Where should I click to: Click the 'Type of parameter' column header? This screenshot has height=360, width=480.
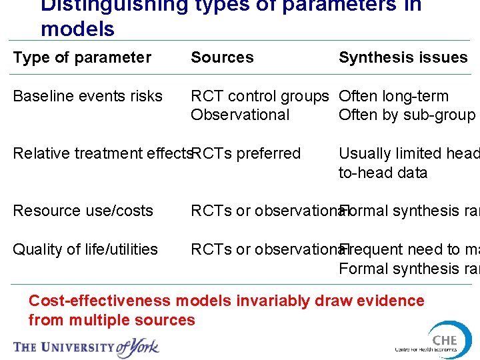coord(82,58)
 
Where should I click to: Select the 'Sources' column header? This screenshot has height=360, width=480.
coord(222,58)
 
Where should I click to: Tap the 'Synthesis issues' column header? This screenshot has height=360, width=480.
coord(403,58)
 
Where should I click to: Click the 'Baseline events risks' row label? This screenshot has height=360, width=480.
coord(87,97)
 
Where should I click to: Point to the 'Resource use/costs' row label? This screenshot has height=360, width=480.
coord(83,211)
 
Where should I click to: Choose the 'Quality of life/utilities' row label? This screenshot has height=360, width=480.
coord(85,249)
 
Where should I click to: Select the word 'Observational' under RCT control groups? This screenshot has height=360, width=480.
coord(240,115)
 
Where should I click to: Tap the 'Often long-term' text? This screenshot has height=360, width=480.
coord(393,97)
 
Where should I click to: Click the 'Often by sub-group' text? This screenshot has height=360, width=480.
coord(407,115)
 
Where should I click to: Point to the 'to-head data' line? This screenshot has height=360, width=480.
coord(383,173)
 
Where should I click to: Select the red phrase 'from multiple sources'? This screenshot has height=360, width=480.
coord(112,320)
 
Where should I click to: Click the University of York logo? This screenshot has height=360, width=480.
coord(87,346)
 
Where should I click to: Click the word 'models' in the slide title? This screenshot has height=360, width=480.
coord(77,29)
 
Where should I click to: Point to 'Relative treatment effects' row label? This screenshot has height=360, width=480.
coord(102,154)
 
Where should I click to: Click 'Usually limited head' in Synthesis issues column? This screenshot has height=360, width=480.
coord(408,154)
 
